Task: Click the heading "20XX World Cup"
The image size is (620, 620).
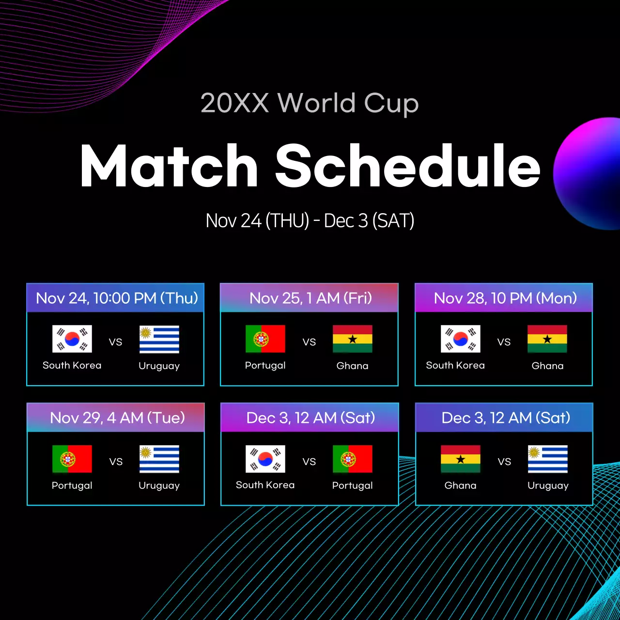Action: point(310,103)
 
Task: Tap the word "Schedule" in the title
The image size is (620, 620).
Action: point(408,166)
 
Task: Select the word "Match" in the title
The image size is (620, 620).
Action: point(169,166)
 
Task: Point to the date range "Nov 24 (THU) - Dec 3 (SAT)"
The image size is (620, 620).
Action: point(310,221)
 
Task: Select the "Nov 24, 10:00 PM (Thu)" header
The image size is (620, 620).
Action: point(116,298)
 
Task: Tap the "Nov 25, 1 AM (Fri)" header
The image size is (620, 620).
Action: point(310,298)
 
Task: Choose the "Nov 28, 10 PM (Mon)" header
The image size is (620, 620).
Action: point(505,298)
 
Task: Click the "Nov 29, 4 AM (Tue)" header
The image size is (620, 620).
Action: point(117,418)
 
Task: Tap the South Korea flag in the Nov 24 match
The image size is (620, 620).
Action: point(72,339)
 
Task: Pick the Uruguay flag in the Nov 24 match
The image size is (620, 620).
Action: point(159,339)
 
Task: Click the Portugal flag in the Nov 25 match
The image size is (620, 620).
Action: point(265,339)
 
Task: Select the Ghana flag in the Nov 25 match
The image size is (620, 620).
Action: point(353,339)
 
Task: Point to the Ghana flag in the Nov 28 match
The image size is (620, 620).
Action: point(547,339)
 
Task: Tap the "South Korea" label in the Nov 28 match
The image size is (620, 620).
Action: point(455,366)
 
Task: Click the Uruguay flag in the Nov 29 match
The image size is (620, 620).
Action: point(159,459)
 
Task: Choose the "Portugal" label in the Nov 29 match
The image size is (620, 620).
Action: point(72,485)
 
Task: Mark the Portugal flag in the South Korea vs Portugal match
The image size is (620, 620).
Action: point(353,459)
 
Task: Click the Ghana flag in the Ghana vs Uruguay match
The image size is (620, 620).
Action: point(461,459)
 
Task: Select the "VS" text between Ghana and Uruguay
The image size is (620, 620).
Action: point(504,462)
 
